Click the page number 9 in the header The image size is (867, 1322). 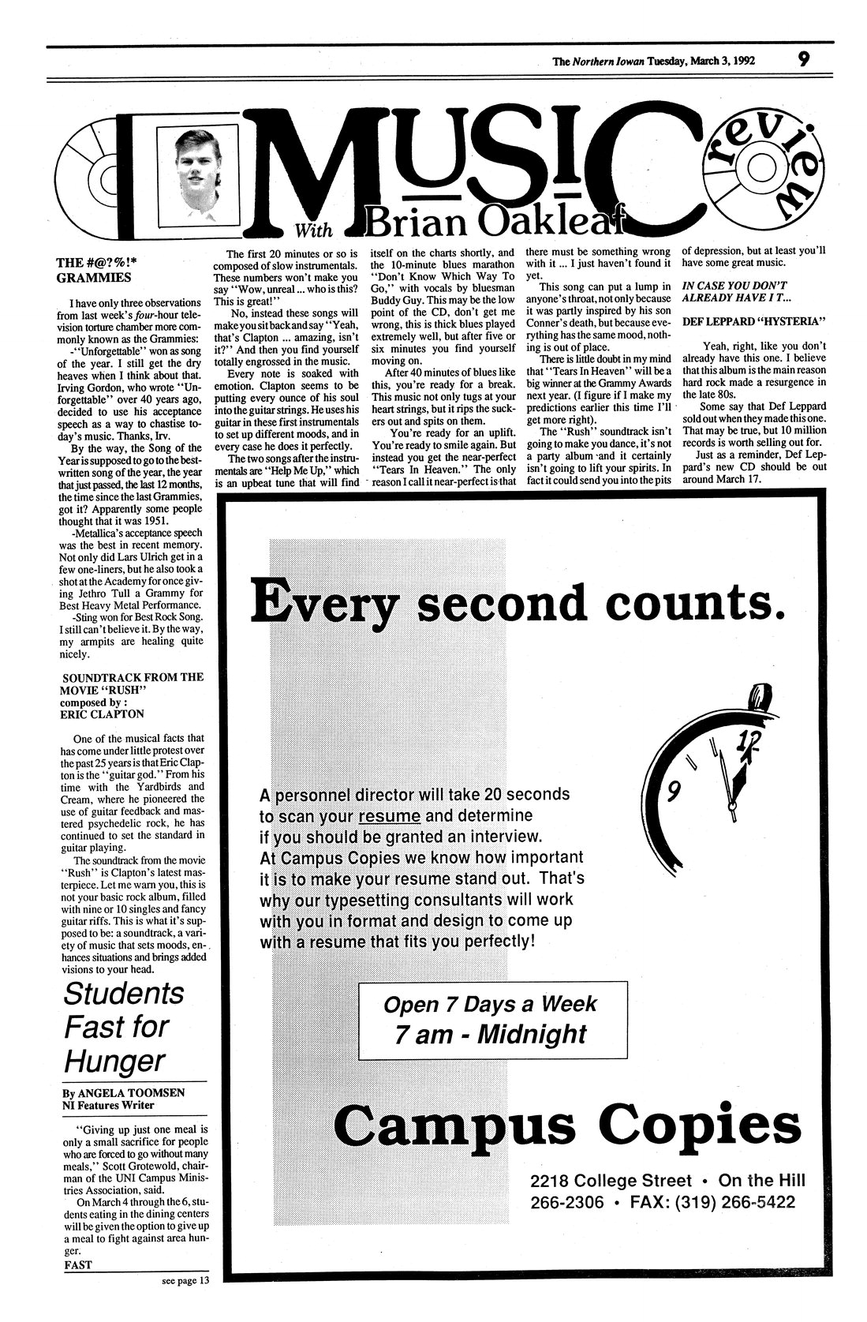pos(802,58)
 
